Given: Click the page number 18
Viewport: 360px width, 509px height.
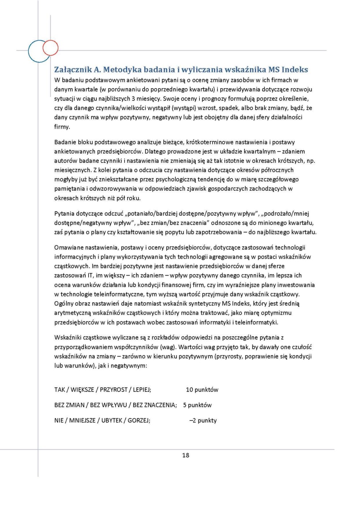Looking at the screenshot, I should [185, 455].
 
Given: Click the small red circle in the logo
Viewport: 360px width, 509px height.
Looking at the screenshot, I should [50, 47].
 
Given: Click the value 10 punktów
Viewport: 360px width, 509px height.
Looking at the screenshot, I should [202, 390].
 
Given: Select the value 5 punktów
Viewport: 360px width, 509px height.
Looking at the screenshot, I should [197, 405].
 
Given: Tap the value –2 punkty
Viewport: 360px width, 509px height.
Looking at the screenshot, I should [203, 421].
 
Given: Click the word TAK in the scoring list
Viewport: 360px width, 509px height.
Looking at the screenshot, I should [59, 390].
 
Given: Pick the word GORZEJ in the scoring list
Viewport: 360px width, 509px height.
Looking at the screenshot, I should [139, 421].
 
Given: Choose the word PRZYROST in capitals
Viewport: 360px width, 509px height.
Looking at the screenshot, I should [113, 390].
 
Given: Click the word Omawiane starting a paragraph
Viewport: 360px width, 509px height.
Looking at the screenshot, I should [68, 247].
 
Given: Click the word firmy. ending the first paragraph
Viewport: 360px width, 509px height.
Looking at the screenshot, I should [62, 127].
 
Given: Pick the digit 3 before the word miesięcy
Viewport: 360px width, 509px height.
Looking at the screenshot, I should [133, 99].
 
